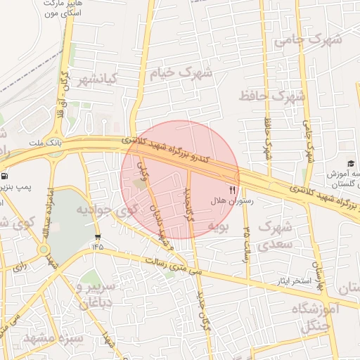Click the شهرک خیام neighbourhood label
click(x=181, y=73)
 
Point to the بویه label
click(x=218, y=226)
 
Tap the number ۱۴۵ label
click(x=97, y=247)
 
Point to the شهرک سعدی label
click(x=275, y=236)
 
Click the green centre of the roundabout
click(x=44, y=249)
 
